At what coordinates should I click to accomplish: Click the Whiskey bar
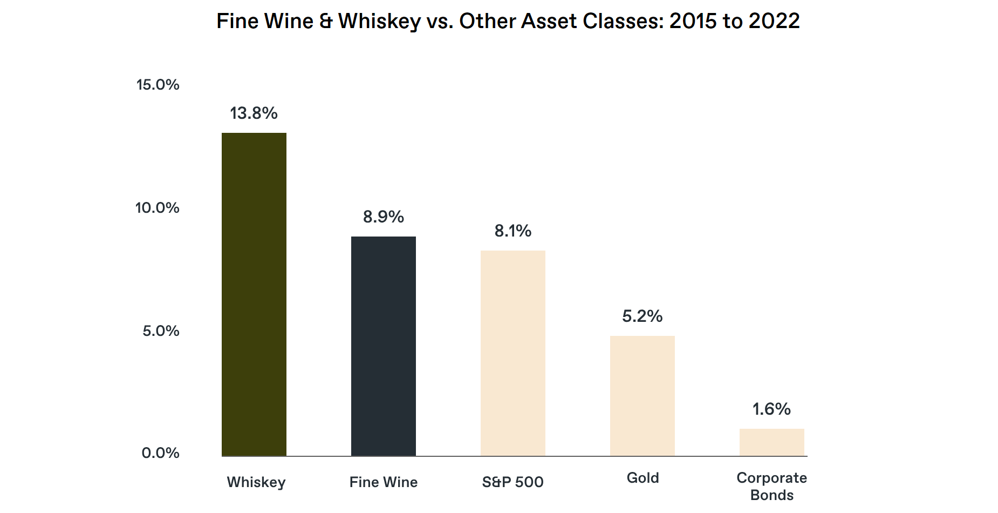pyautogui.click(x=254, y=294)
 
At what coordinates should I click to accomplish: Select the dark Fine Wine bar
pyautogui.click(x=383, y=346)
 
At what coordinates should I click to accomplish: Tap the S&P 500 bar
pyautogui.click(x=512, y=353)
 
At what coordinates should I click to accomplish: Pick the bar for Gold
pyautogui.click(x=642, y=396)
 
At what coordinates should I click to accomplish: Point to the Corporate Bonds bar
pyautogui.click(x=771, y=442)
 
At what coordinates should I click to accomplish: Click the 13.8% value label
pyautogui.click(x=254, y=113)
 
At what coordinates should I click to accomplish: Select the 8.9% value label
pyautogui.click(x=383, y=217)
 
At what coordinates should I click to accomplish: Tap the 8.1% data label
pyautogui.click(x=512, y=231)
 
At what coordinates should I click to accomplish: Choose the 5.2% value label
pyautogui.click(x=642, y=316)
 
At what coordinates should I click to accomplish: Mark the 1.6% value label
pyautogui.click(x=771, y=409)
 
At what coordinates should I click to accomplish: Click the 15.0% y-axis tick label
pyautogui.click(x=158, y=85)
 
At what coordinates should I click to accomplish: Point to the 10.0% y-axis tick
pyautogui.click(x=157, y=208)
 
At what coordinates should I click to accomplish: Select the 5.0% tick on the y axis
pyautogui.click(x=161, y=331)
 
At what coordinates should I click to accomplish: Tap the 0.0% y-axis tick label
pyautogui.click(x=160, y=453)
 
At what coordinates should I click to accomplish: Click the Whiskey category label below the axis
pyautogui.click(x=256, y=482)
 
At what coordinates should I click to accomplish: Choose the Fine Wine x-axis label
pyautogui.click(x=383, y=482)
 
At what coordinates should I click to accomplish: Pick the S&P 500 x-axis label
pyautogui.click(x=512, y=482)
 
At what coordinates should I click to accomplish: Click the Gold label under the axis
pyautogui.click(x=642, y=478)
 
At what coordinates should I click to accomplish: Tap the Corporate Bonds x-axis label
pyautogui.click(x=771, y=487)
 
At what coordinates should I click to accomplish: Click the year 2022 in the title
pyautogui.click(x=774, y=22)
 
